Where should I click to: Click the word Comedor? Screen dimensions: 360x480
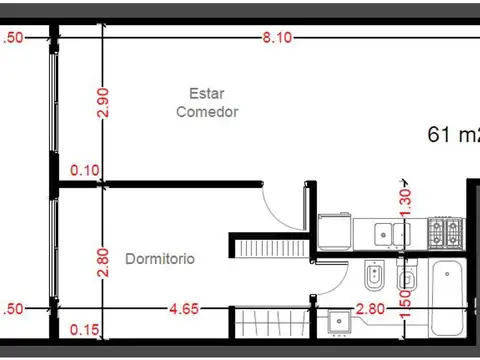coord(207,112)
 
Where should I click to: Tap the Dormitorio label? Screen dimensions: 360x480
coord(160,259)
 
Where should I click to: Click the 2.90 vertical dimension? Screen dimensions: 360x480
coord(102,102)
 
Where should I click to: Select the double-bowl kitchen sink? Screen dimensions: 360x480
coord(391,234)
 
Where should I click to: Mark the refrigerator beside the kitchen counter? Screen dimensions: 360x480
coord(333,232)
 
